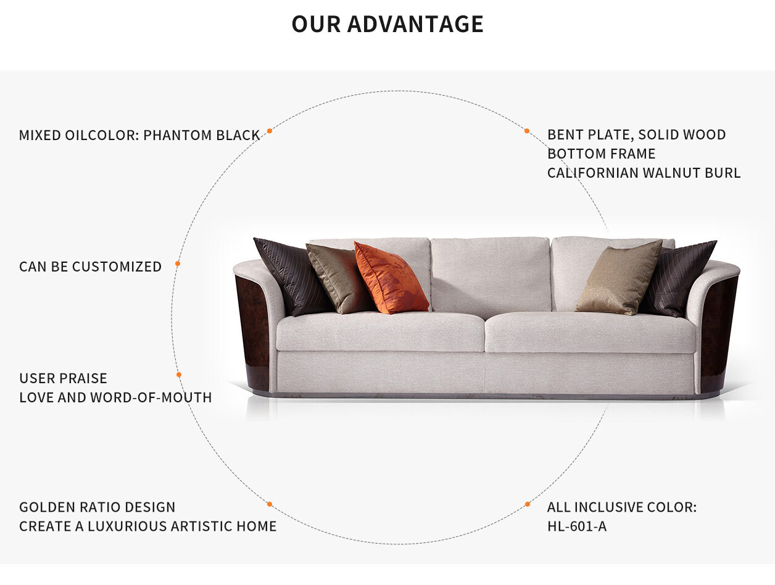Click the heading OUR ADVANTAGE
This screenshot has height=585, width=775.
click(x=387, y=24)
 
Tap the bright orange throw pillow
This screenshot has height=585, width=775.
click(x=391, y=278)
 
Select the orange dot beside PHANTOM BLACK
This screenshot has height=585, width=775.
click(x=270, y=131)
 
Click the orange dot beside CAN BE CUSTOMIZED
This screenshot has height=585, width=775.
click(x=178, y=263)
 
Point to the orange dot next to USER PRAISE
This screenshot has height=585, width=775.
click(x=179, y=375)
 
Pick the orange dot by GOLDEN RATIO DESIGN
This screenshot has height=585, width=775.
click(x=270, y=504)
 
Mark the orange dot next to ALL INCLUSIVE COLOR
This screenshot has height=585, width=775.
click(x=528, y=504)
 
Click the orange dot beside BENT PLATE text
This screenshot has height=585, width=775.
click(x=527, y=131)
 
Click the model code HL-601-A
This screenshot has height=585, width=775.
click(x=577, y=526)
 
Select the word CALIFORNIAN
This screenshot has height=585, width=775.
click(x=593, y=173)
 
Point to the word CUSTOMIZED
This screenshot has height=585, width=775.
click(x=117, y=267)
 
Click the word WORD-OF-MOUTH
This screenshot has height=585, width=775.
click(x=151, y=397)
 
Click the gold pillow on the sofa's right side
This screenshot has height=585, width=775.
click(x=619, y=278)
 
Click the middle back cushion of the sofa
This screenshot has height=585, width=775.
click(x=491, y=275)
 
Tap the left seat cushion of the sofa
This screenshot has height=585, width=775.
click(x=380, y=332)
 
